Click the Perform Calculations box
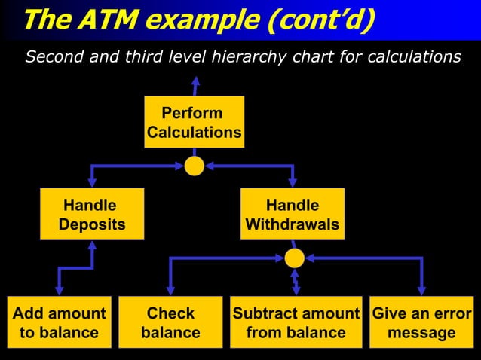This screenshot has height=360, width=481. (195, 122)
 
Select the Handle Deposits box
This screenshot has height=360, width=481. (92, 215)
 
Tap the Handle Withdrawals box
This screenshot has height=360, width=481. (292, 215)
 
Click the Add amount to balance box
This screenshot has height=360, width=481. (59, 322)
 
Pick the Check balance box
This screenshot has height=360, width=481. (170, 322)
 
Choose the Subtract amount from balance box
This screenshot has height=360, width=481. (296, 322)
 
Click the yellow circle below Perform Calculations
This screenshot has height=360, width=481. (195, 165)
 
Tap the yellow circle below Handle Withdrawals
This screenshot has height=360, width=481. (295, 258)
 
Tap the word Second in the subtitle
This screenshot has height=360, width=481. (52, 57)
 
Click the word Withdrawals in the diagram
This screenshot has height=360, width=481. (292, 224)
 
